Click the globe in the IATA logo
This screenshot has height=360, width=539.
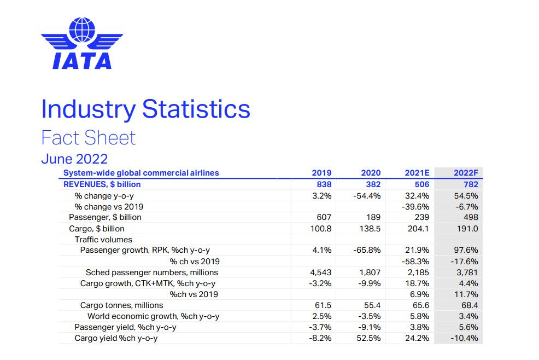[x=82, y=30]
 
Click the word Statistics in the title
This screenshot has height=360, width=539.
[x=196, y=109]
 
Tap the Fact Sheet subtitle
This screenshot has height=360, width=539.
[x=89, y=138]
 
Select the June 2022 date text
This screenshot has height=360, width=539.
[x=74, y=159]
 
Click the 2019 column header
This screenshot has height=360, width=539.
[x=321, y=173]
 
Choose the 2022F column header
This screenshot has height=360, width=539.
[x=466, y=173]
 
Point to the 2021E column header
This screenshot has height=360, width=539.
[x=417, y=173]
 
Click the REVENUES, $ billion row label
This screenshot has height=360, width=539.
[x=102, y=184]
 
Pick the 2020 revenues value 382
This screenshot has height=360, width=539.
[x=373, y=184]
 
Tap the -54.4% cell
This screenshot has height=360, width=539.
[x=367, y=196]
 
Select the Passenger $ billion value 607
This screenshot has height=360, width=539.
[x=324, y=217]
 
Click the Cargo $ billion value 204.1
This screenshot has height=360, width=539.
[x=418, y=229]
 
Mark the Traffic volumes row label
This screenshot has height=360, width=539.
[x=103, y=240]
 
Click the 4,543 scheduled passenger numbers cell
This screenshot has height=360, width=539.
[x=321, y=272]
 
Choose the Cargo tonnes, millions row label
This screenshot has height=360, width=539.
[x=121, y=305]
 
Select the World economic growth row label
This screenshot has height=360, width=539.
[x=153, y=316]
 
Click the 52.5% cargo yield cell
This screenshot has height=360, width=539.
[x=368, y=338]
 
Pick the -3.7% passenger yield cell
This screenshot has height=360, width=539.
[x=320, y=327]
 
